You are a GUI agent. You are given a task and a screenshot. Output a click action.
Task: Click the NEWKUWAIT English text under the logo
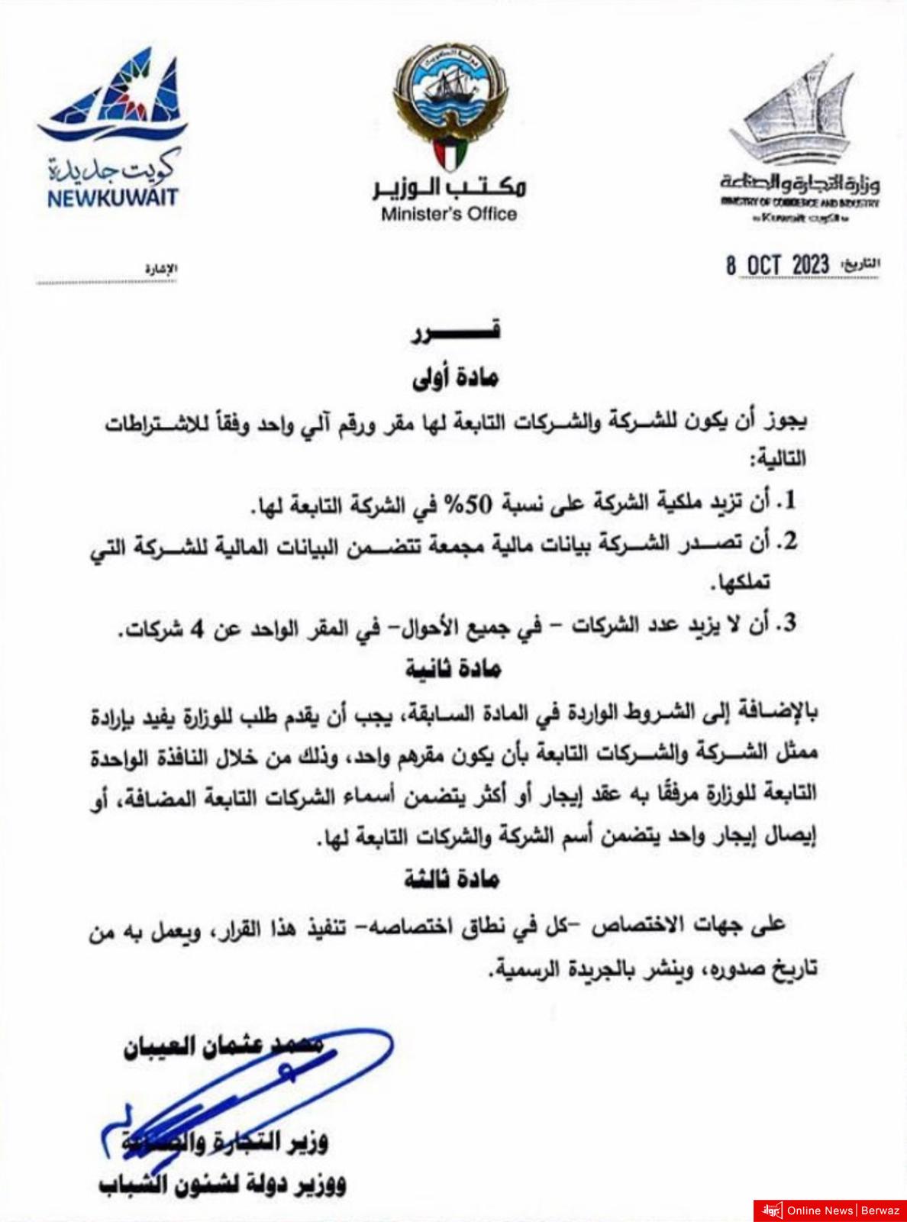(x=112, y=198)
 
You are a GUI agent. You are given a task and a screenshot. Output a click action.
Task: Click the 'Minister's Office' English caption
(x=449, y=215)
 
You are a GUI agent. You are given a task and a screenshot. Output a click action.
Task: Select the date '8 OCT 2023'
(x=777, y=265)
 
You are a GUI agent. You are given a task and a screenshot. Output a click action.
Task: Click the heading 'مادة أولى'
(x=455, y=378)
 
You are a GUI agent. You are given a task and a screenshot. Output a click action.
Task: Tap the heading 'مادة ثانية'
(x=453, y=669)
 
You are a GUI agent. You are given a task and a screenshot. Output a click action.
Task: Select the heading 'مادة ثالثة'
(x=451, y=879)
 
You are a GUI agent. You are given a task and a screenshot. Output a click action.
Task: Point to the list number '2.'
(x=786, y=541)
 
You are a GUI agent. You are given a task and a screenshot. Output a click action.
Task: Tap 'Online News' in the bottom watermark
(x=820, y=1210)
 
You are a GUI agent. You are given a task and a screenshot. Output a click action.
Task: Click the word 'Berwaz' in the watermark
(x=881, y=1210)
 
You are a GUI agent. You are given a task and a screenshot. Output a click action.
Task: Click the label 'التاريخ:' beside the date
(x=860, y=264)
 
